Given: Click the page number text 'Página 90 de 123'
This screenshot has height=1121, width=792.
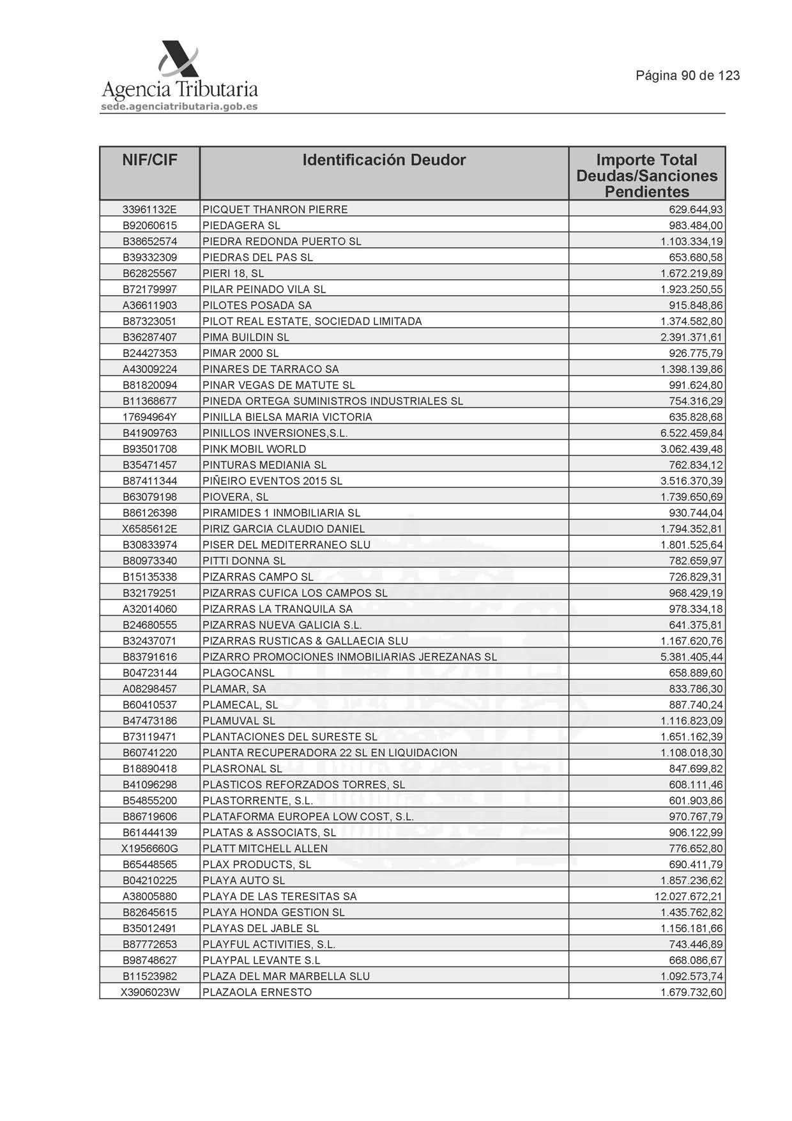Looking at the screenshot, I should point(687,76).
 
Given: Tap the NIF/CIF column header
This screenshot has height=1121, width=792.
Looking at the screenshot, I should point(149,160).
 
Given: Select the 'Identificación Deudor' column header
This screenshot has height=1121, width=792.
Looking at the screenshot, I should point(384,160).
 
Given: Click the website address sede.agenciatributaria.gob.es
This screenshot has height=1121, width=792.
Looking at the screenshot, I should point(179,107).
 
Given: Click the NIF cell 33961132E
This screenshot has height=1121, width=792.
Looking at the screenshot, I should point(149,210).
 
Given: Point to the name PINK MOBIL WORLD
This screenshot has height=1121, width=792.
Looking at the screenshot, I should point(254,449).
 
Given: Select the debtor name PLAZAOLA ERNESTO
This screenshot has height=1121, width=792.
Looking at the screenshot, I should point(257,992).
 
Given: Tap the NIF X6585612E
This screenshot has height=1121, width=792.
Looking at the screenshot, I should point(149,529).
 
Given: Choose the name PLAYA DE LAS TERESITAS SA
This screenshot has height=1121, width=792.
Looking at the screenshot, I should point(280,896).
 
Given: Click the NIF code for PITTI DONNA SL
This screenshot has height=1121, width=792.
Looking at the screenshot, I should point(149,561).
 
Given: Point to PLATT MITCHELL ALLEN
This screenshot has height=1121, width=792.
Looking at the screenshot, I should point(265,848).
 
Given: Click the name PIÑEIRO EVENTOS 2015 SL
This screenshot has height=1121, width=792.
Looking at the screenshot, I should point(273,481).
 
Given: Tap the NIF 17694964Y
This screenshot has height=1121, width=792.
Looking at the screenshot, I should point(149,417).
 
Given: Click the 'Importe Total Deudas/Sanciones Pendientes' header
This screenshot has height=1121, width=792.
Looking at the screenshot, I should point(646,176).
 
